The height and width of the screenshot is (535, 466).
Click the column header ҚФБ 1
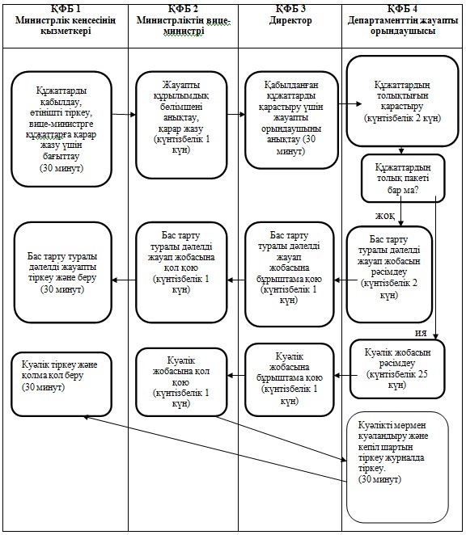[x=66, y=9]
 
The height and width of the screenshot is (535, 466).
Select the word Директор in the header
[x=290, y=20]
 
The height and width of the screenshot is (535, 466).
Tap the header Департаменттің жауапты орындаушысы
[x=403, y=25]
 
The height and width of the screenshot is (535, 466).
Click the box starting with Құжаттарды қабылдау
[x=61, y=129]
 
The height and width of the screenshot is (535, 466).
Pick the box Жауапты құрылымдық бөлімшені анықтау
[x=181, y=125]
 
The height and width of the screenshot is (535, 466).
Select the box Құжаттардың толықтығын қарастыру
[x=402, y=101]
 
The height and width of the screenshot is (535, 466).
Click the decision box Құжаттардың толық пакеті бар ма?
[x=403, y=178]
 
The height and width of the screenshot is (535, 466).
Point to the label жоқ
[x=385, y=216]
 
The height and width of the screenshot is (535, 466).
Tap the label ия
[x=421, y=333]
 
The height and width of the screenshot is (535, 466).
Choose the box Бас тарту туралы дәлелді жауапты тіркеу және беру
[x=63, y=272]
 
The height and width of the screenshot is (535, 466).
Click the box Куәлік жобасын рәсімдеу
[x=397, y=369]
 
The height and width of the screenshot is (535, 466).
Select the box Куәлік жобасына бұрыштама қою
[x=290, y=379]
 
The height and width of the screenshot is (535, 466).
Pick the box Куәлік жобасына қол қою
[x=181, y=381]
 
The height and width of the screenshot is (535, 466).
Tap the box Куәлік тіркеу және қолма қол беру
[x=61, y=384]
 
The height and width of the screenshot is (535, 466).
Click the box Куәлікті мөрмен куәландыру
[x=397, y=467]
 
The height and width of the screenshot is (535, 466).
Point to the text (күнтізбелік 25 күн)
[x=397, y=379]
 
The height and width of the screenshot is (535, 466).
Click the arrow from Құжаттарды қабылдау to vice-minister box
[x=124, y=114]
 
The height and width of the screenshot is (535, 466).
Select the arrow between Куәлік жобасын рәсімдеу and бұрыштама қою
[x=342, y=375]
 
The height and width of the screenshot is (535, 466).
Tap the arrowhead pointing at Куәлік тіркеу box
[x=86, y=417]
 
